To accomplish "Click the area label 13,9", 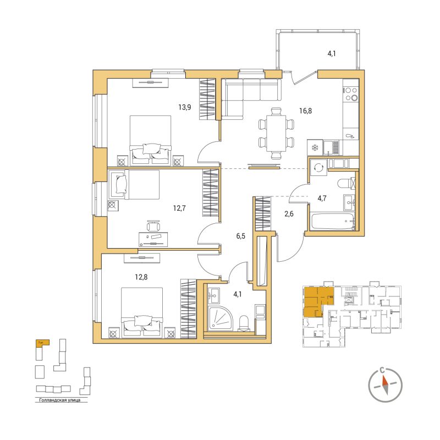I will click(x=184, y=107).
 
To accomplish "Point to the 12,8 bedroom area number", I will click(x=141, y=277).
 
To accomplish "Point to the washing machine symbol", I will click(x=318, y=167).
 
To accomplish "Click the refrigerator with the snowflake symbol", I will click(x=315, y=147).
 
